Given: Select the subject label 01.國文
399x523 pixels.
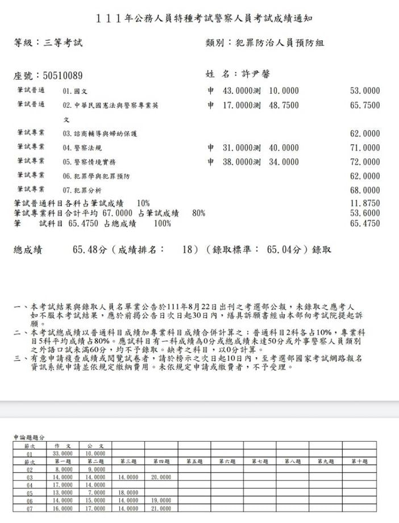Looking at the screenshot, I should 74,91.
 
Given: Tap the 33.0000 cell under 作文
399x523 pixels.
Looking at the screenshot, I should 63,454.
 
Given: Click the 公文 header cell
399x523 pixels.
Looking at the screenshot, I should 95,446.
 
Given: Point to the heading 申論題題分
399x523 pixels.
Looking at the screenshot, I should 30,437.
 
